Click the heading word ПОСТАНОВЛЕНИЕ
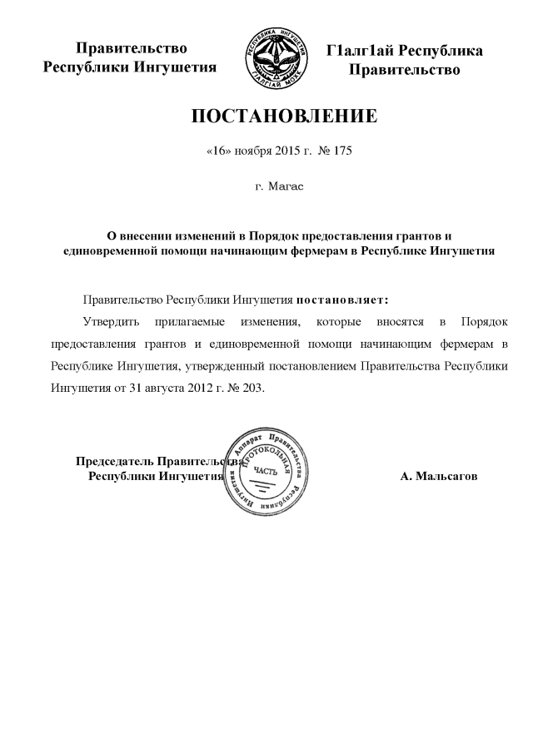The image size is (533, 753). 285,116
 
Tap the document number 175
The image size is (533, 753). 343,153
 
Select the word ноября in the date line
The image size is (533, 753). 252,153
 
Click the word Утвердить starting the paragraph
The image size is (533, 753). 108,320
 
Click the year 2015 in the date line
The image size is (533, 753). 291,153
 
